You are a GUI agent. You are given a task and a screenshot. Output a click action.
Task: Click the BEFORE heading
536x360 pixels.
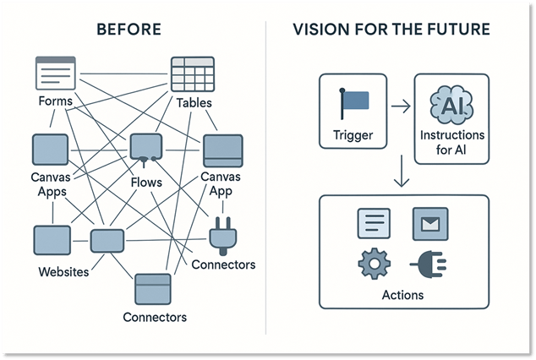click(x=130, y=30)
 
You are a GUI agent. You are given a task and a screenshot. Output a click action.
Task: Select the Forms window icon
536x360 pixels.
click(x=54, y=74)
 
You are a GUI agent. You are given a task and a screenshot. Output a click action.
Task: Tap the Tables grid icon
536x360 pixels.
click(x=193, y=74)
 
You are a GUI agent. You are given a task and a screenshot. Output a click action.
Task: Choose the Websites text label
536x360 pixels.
click(x=65, y=272)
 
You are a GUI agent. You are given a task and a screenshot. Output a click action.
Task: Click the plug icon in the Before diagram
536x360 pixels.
click(x=222, y=236)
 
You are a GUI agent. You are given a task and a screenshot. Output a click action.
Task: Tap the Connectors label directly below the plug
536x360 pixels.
click(x=223, y=265)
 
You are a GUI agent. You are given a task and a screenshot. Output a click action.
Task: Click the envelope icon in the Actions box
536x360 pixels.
click(x=429, y=224)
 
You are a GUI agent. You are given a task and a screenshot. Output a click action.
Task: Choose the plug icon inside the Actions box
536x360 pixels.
click(x=428, y=265)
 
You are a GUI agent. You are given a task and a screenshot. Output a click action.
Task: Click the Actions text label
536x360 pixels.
click(x=402, y=295)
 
